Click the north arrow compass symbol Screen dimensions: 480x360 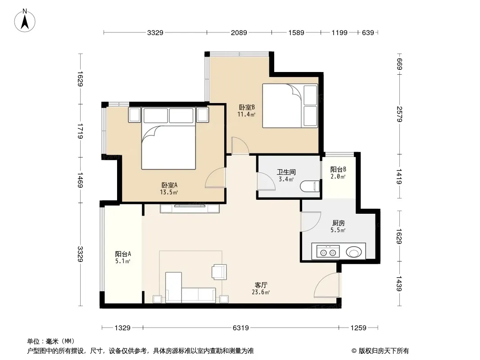click(25, 20)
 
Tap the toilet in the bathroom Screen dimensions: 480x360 click(310, 186)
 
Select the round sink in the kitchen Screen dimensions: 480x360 click(354, 252)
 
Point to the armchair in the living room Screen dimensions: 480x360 click(219, 272)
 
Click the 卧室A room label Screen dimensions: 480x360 click(169, 185)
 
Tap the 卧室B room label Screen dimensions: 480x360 click(247, 108)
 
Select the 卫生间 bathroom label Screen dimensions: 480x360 click(286, 172)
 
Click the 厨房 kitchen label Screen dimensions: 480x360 click(338, 223)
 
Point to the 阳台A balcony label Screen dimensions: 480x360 click(123, 254)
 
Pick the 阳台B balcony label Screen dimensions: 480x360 click(338, 170)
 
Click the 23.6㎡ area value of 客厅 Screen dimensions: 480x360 click(261, 292)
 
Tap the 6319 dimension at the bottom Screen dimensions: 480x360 click(241, 328)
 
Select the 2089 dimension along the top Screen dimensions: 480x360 click(239, 32)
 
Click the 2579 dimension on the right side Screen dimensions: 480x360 click(399, 114)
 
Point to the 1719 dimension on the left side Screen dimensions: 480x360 click(80, 131)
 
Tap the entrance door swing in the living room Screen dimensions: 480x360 click(327, 285)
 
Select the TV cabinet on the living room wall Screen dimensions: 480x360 click(190, 208)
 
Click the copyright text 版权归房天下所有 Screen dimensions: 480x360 click(384, 351)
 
